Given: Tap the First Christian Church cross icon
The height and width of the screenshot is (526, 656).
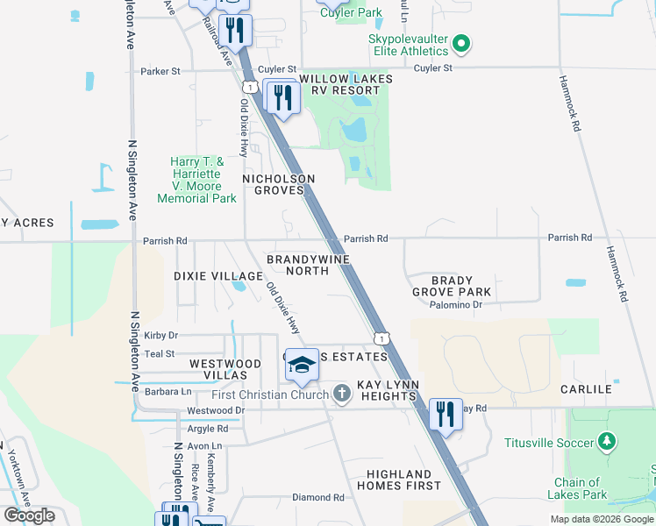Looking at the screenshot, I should [342, 394].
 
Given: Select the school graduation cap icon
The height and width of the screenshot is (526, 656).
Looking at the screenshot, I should [302, 366].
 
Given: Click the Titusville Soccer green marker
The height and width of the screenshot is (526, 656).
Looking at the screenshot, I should [604, 443].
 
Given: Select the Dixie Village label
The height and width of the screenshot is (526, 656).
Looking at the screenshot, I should [218, 276].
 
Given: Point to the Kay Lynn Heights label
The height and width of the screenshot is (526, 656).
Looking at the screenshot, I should [386, 391].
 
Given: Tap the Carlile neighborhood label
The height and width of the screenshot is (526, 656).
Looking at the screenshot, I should [586, 389].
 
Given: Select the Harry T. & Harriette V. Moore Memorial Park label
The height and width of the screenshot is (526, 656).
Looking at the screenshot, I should [197, 180].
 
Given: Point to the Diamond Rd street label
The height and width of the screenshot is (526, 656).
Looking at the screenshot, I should [318, 498].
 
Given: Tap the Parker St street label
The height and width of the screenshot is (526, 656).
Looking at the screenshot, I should [160, 71].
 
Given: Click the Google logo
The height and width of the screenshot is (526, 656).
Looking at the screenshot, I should [30, 515].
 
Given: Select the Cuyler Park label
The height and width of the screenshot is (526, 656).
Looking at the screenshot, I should [351, 12].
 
